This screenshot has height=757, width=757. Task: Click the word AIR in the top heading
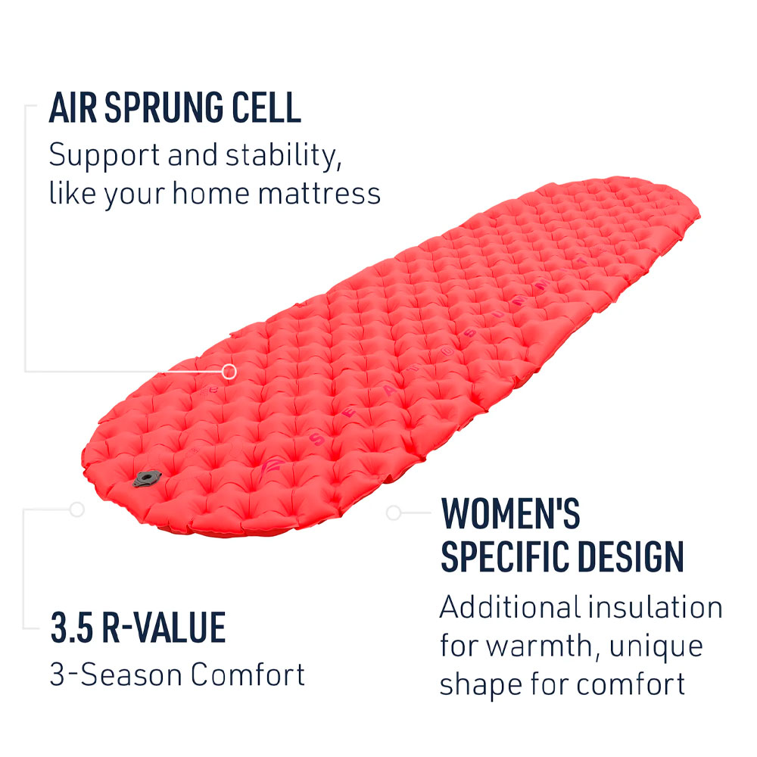(73, 109)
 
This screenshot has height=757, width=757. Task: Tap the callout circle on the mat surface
(229, 371)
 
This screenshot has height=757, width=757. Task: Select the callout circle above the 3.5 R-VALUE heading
(76, 509)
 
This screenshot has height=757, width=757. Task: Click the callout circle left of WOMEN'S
(393, 512)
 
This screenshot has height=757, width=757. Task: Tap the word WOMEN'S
(511, 514)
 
